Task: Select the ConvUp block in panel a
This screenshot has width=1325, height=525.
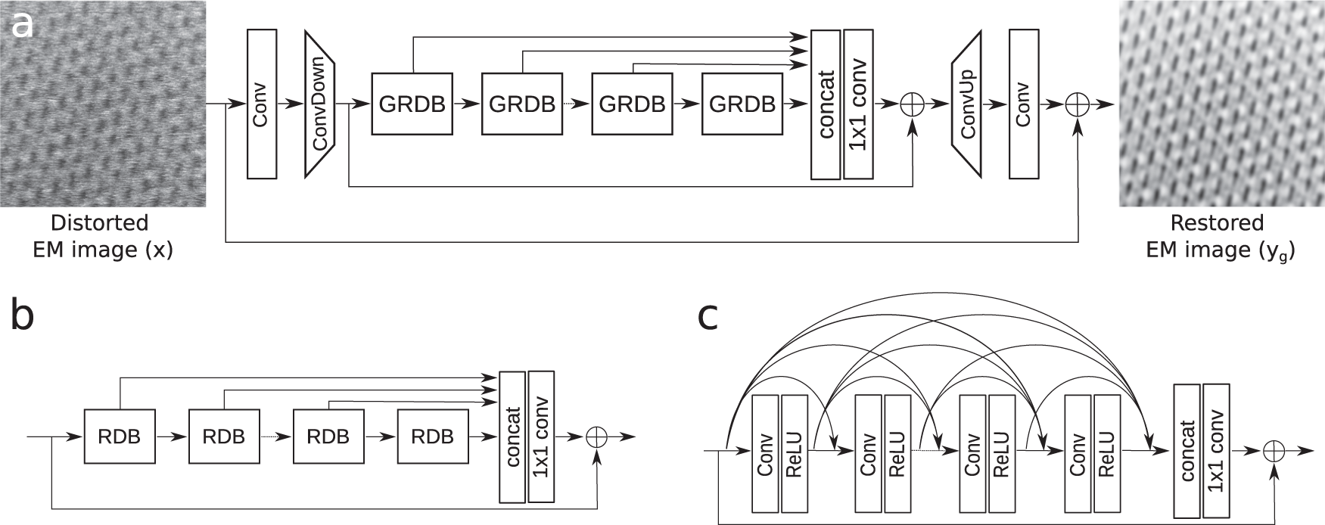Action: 966,104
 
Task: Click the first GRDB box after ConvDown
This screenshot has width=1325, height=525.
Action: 412,104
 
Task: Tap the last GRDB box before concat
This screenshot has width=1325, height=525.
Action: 742,104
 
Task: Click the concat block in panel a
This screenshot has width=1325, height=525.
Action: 825,104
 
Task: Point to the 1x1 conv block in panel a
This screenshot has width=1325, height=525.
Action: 857,104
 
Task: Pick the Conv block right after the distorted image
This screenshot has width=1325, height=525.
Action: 262,104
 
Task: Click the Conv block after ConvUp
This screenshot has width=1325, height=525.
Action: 1023,104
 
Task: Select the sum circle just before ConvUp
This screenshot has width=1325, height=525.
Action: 913,104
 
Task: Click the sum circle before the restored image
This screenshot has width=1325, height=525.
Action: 1078,104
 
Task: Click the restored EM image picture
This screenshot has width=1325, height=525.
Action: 1222,104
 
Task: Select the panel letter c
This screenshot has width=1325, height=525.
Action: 708,318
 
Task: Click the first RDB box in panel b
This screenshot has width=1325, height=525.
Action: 120,436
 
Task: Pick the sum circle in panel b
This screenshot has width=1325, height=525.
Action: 598,436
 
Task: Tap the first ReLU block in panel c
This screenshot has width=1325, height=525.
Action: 795,452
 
